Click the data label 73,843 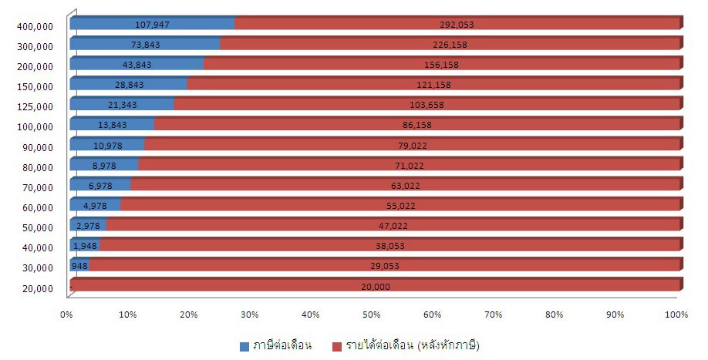click(x=145, y=44)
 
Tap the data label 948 click(x=79, y=266)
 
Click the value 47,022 click(x=392, y=226)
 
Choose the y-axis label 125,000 click(x=35, y=106)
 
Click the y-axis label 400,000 click(x=35, y=26)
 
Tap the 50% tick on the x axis click(x=372, y=315)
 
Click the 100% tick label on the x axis click(x=676, y=315)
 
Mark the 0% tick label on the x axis click(x=67, y=315)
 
